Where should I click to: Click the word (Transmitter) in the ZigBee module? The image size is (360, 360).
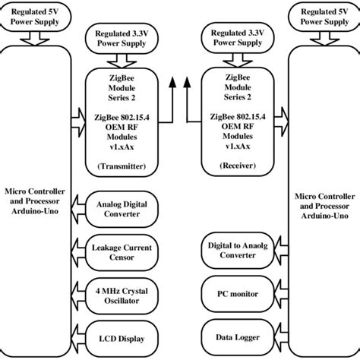coord(122,165)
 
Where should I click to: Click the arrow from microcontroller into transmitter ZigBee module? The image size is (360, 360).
coord(80,118)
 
